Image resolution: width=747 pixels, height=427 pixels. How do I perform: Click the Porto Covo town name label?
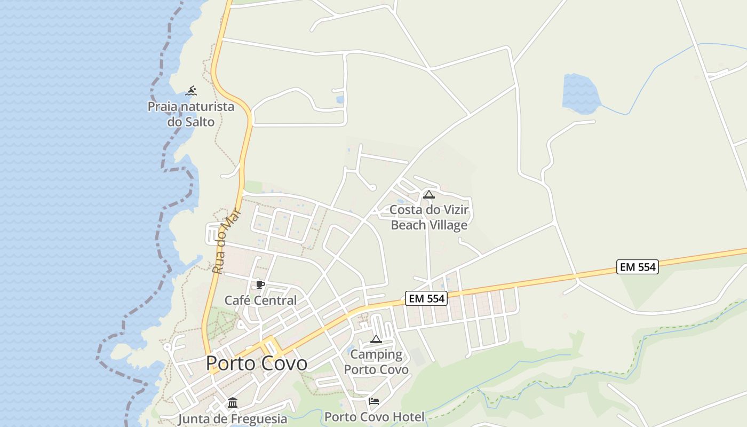click(257, 363)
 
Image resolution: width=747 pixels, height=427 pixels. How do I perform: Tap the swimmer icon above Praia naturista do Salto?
click(191, 91)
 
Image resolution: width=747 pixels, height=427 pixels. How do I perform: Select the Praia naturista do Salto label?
click(191, 114)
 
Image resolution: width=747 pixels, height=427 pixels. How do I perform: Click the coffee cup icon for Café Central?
click(260, 285)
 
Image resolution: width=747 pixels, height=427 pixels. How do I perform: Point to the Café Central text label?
click(260, 301)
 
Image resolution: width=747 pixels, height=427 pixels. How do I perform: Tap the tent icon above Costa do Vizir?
click(428, 194)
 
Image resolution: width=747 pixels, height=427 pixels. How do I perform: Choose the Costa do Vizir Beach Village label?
click(429, 217)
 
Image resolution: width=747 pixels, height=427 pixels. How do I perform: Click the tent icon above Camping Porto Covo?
click(376, 339)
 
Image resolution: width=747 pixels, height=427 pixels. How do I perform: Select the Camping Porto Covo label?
click(376, 362)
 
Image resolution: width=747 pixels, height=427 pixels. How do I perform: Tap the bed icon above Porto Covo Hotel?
click(374, 401)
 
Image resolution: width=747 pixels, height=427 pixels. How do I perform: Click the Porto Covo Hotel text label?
click(375, 417)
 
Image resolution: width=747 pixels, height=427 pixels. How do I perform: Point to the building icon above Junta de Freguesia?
click(233, 403)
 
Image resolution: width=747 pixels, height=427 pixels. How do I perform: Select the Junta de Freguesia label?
click(232, 419)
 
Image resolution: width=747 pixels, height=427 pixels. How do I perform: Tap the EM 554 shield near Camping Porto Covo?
click(426, 299)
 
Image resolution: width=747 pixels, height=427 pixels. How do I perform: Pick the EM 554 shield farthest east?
click(638, 267)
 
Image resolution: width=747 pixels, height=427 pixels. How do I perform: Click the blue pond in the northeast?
click(581, 94)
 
